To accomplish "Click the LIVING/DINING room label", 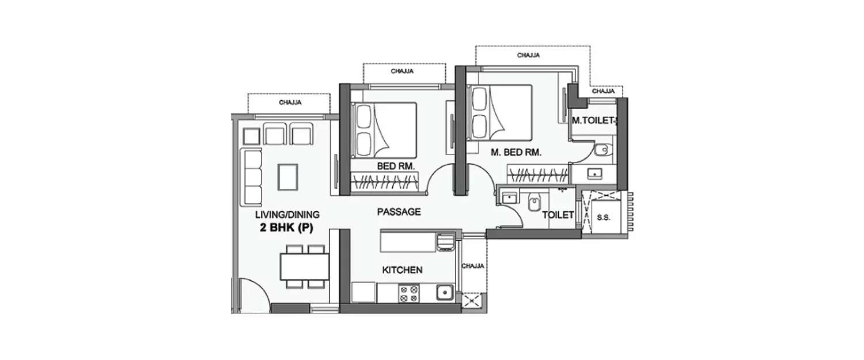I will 287,215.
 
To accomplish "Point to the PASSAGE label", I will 399,212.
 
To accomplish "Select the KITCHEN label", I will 403,270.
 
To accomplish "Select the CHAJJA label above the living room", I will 290,103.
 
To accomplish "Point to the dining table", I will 304,266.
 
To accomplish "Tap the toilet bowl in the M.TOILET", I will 601,149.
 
